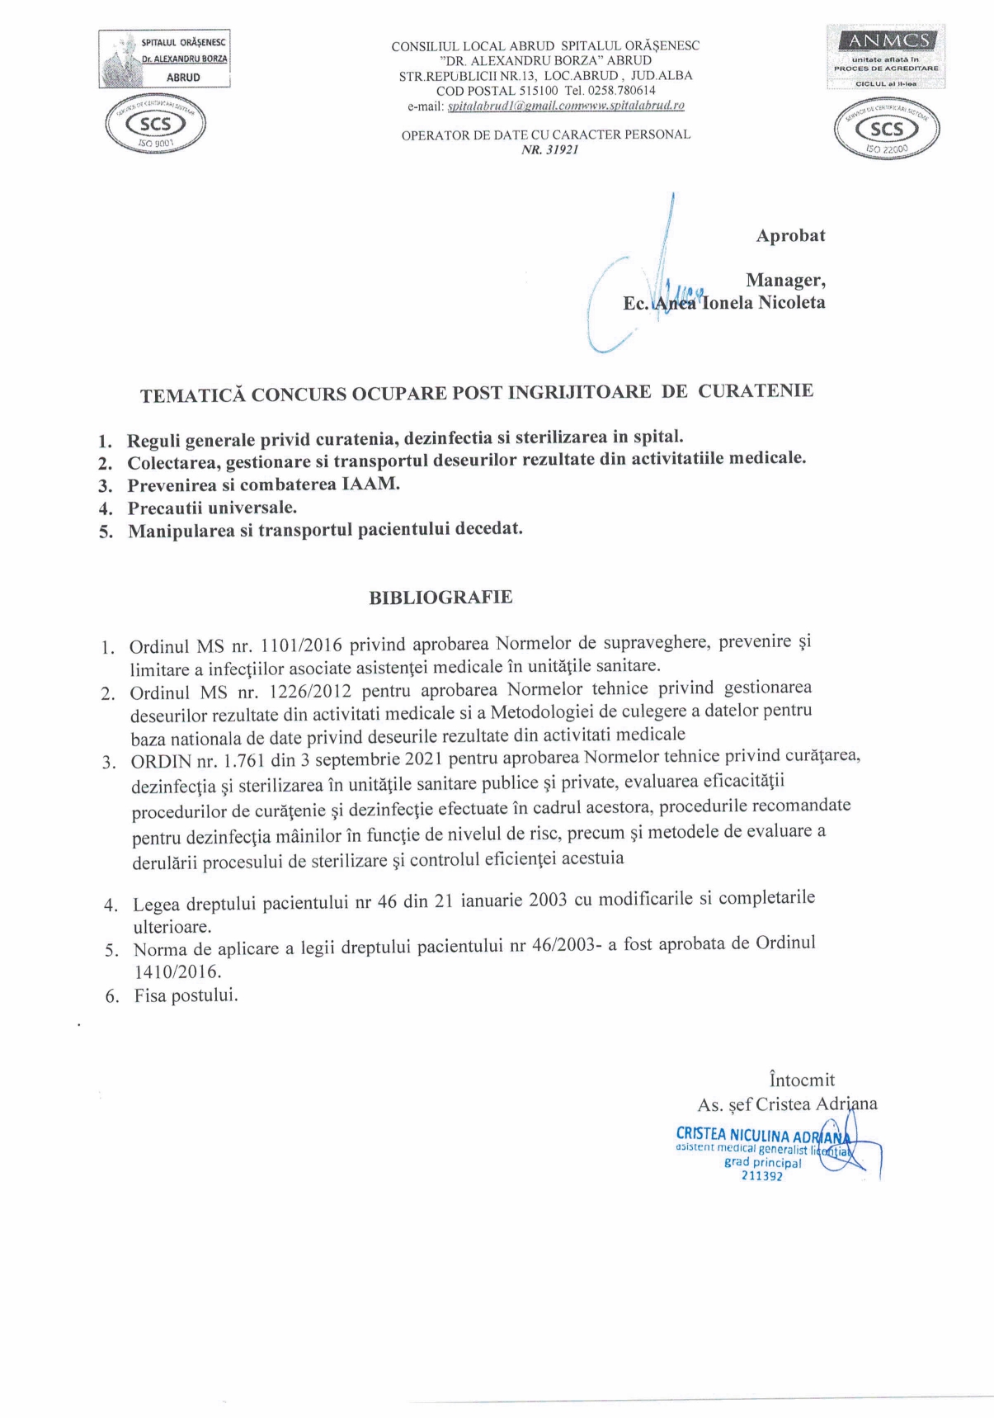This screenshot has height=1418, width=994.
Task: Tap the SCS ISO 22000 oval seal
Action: pos(887,130)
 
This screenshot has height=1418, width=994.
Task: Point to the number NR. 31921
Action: pos(549,151)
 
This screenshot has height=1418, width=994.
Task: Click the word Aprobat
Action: pos(790,236)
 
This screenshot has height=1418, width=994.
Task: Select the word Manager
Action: pos(784,281)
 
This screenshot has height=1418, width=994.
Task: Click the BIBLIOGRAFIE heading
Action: pos(440,598)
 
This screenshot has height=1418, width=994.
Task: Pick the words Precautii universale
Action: pos(212,508)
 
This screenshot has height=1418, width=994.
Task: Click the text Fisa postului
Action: pos(186,996)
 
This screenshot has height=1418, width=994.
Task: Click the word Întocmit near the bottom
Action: pos(801,1080)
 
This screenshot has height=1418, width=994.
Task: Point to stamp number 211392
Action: pos(762,1176)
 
